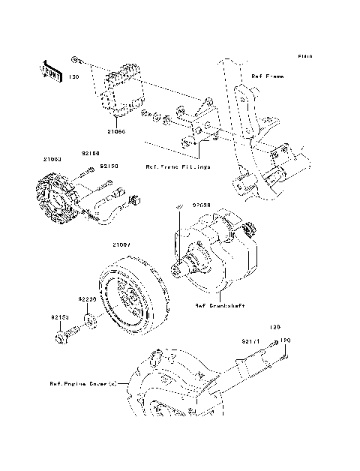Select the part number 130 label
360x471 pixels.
74,76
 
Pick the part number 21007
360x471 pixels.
122,244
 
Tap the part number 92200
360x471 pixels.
88,298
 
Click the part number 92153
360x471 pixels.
61,317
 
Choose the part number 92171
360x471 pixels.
250,341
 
